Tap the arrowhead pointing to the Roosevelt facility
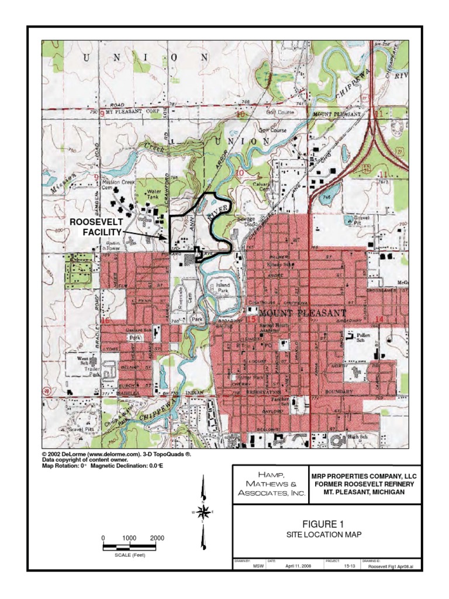pyautogui.click(x=165, y=239)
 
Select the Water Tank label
pyautogui.click(x=154, y=195)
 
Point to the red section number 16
pyautogui.click(x=105, y=321)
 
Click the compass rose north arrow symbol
pyautogui.click(x=203, y=512)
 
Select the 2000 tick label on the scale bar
pyautogui.click(x=157, y=538)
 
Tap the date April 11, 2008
pyautogui.click(x=299, y=566)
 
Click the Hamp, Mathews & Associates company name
pyautogui.click(x=271, y=483)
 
